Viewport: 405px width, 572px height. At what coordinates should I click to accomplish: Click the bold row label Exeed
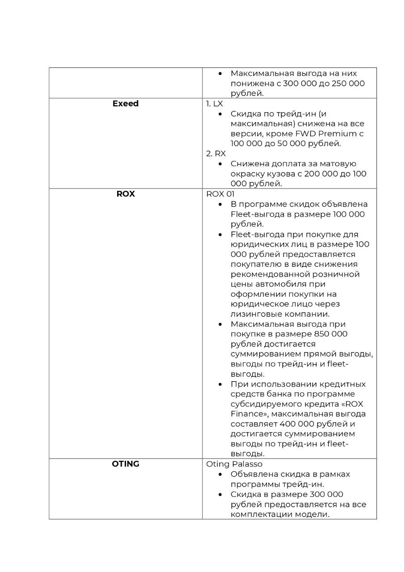[126, 104]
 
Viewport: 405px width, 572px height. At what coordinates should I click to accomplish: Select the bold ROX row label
[126, 194]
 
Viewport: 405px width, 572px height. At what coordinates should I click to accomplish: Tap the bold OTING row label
[126, 464]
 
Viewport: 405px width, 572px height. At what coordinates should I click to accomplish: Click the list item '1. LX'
[214, 104]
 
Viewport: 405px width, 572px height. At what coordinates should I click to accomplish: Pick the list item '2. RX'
[216, 154]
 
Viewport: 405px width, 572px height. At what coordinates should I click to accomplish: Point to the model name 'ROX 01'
[220, 194]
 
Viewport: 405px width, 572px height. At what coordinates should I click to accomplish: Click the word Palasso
[247, 464]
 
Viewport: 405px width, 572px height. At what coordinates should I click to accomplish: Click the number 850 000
[331, 334]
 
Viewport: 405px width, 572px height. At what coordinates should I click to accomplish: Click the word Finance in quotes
[247, 414]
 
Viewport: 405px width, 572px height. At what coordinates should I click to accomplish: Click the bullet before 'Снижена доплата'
[220, 164]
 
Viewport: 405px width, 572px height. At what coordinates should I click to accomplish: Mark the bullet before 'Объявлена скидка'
[220, 474]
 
